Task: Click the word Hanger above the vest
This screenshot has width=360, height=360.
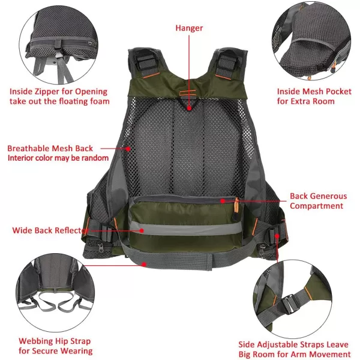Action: click(189, 28)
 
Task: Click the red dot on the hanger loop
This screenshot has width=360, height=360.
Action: click(189, 108)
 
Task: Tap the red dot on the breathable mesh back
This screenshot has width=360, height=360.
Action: click(128, 149)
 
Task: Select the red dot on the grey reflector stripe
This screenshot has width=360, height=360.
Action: click(142, 230)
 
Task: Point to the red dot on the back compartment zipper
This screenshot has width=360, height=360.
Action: click(223, 201)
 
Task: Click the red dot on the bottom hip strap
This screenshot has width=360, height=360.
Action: click(144, 265)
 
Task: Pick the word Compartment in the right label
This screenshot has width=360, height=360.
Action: click(316, 206)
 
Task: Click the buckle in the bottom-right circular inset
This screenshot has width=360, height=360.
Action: click(290, 304)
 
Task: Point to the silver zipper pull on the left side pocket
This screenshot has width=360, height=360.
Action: click(100, 247)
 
